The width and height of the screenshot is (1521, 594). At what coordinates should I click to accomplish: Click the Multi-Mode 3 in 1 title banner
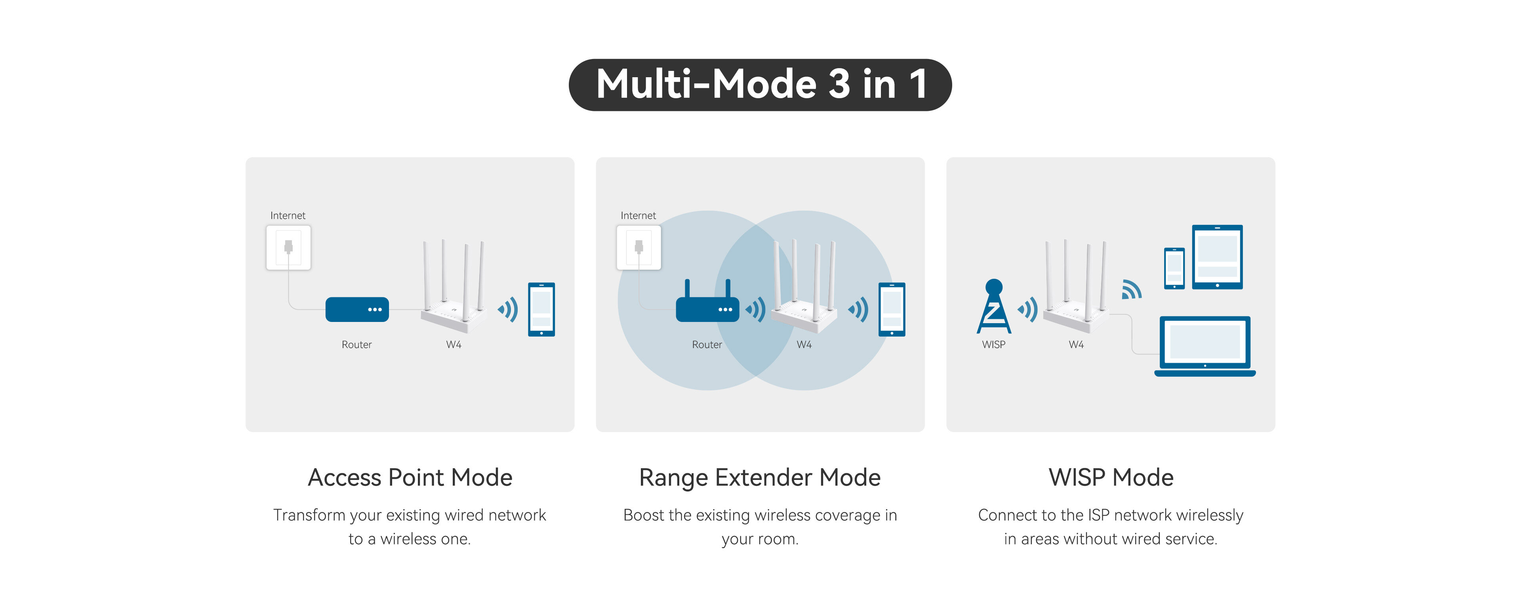click(760, 84)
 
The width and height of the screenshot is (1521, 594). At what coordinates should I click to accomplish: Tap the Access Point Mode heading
click(410, 477)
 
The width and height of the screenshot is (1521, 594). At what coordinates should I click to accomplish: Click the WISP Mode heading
click(1111, 477)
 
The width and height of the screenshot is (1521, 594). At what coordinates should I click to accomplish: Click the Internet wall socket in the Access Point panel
click(288, 247)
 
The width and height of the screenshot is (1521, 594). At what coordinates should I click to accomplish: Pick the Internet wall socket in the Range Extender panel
click(638, 247)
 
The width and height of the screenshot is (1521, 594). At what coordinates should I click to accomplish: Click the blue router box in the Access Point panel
click(356, 309)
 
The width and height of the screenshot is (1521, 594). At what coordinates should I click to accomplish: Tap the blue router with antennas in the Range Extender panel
click(707, 307)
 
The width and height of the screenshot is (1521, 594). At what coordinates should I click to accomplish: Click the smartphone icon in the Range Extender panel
click(892, 309)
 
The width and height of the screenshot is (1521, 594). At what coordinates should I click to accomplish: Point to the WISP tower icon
click(994, 307)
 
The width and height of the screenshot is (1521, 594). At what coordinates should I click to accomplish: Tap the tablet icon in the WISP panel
click(1217, 257)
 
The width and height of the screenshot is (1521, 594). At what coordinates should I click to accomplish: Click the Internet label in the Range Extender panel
click(638, 215)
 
